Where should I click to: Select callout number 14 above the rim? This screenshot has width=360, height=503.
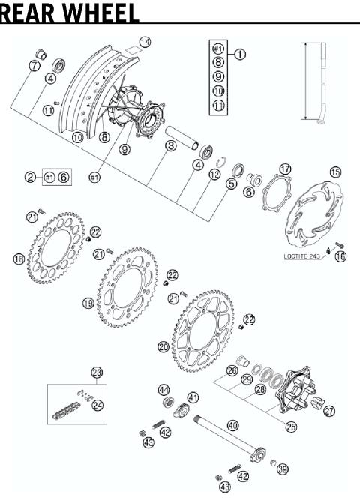(x=145, y=42)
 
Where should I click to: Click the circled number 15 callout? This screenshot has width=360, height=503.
(x=335, y=172)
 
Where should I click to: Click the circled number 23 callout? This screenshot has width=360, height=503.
(x=96, y=372)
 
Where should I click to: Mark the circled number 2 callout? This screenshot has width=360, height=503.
(x=30, y=177)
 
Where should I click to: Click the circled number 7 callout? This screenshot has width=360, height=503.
(x=33, y=66)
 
